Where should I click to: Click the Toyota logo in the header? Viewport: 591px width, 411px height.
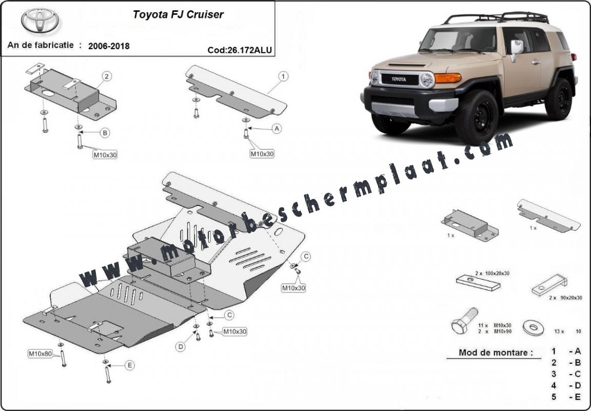40,21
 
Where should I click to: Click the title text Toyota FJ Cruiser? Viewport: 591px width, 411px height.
178,14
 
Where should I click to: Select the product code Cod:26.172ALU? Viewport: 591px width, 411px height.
240,50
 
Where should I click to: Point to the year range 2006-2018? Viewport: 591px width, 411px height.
109,46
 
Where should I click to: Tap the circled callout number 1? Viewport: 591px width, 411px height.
283,77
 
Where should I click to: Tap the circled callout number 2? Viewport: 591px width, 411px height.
107,77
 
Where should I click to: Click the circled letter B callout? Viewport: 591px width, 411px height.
105,133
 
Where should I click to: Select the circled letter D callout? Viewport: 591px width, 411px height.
181,347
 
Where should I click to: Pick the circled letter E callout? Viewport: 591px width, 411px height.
129,365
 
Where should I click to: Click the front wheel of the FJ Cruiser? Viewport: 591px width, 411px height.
477,118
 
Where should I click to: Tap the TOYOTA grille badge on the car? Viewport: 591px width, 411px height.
399,80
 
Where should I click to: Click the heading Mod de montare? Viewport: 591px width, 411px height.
489,353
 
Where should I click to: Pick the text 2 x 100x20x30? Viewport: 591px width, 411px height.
492,273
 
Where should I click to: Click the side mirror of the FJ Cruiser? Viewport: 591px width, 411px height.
516,47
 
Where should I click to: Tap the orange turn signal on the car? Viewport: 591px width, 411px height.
447,77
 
